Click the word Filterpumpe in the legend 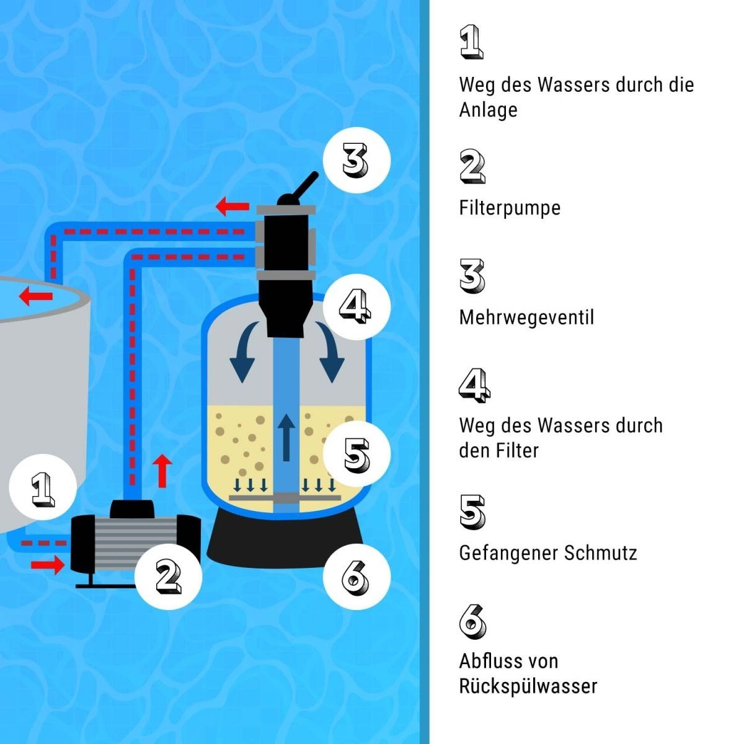click(x=510, y=208)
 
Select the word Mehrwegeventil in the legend click(x=526, y=317)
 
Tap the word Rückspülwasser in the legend click(x=528, y=686)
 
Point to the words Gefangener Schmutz click(x=547, y=552)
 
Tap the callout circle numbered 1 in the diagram click(x=42, y=488)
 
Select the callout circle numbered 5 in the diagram click(x=356, y=454)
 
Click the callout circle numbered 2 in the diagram click(x=167, y=576)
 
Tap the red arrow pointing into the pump click(x=48, y=564)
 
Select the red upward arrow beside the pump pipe click(x=162, y=471)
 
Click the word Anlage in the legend click(x=488, y=110)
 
